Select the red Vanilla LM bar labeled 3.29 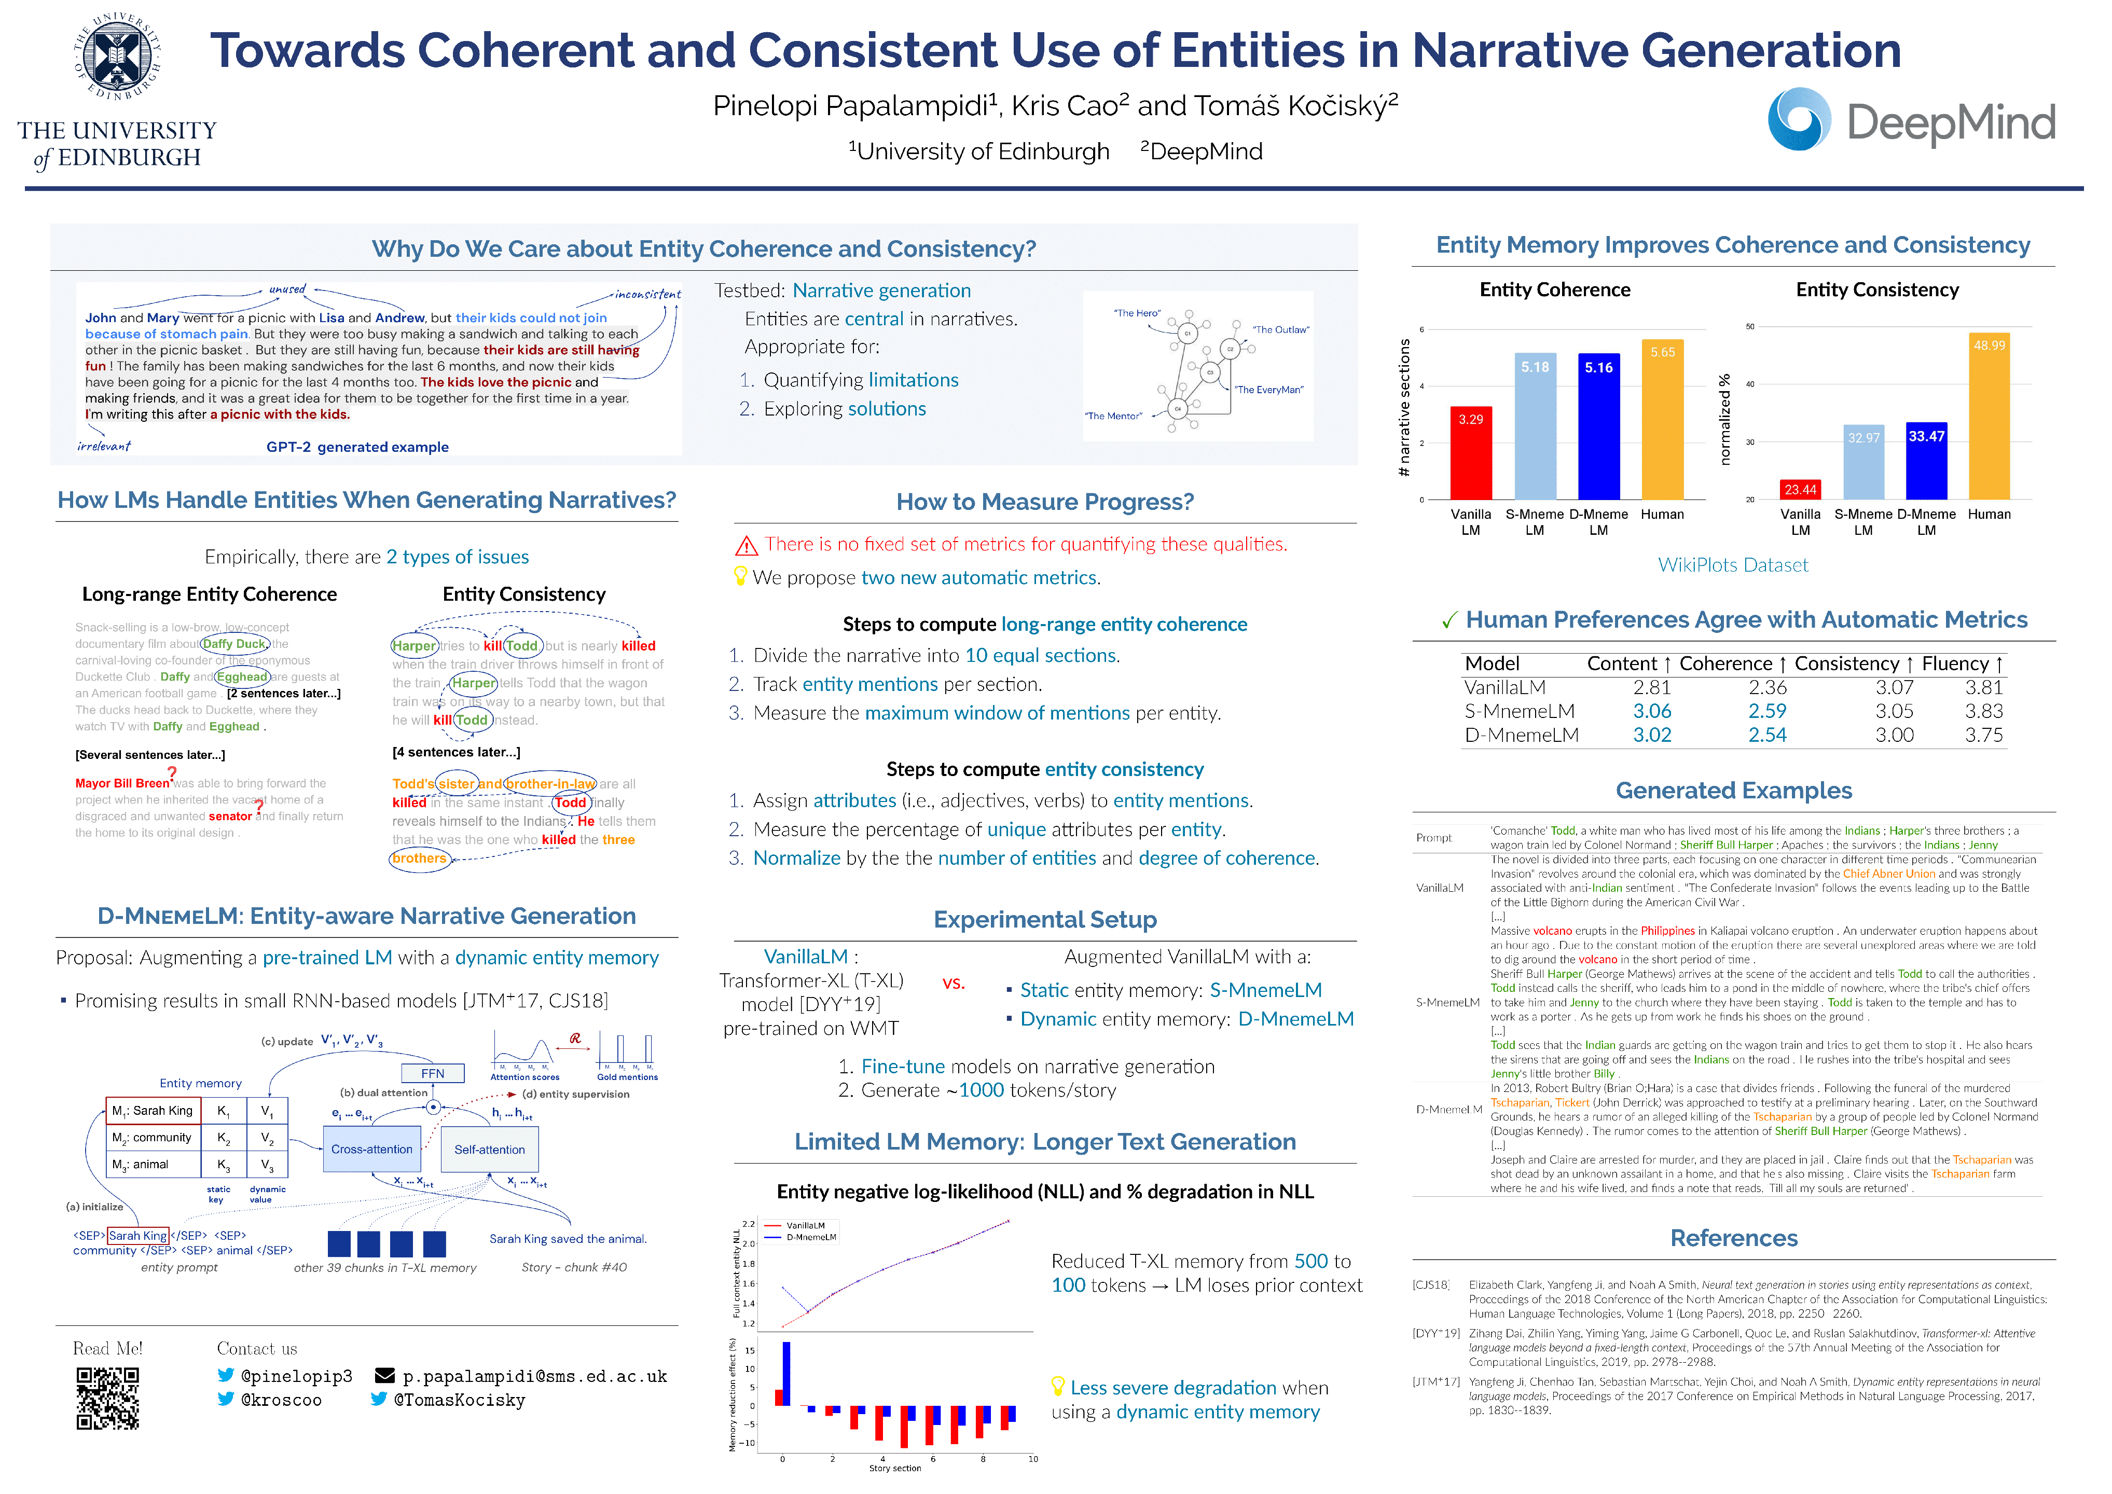(x=1470, y=453)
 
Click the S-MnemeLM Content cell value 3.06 (x=1652, y=711)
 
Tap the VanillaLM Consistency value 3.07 (x=1894, y=687)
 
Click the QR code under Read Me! (x=107, y=1399)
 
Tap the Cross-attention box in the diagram (x=371, y=1149)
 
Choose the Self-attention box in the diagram (x=489, y=1149)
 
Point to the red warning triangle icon (x=746, y=546)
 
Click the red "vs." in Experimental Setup (x=954, y=983)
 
